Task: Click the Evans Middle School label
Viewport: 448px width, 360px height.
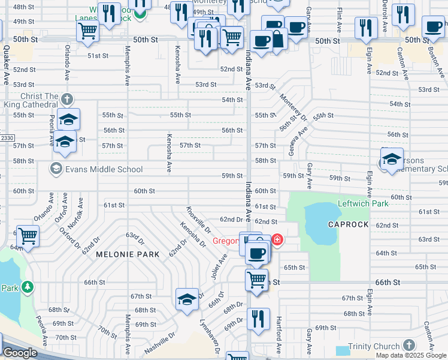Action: [x=105, y=169]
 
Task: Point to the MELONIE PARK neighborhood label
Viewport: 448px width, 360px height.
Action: [x=128, y=254]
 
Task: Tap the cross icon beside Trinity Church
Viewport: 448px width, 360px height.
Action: [x=408, y=345]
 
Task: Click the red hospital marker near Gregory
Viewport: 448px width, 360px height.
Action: [x=277, y=240]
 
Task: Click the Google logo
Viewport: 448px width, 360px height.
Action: [x=20, y=353]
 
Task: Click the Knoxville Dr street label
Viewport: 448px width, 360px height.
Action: [x=198, y=220]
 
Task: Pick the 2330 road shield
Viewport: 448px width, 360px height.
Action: [x=7, y=138]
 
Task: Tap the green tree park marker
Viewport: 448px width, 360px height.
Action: [x=28, y=287]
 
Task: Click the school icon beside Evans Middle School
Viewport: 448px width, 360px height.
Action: [x=57, y=169]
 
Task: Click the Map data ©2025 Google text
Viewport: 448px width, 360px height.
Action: [x=410, y=355]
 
